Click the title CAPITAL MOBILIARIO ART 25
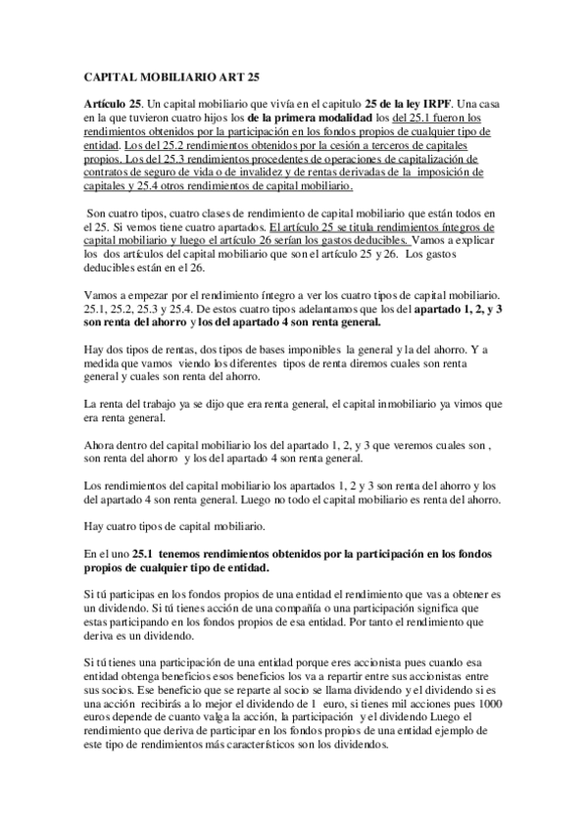click(165, 74)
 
